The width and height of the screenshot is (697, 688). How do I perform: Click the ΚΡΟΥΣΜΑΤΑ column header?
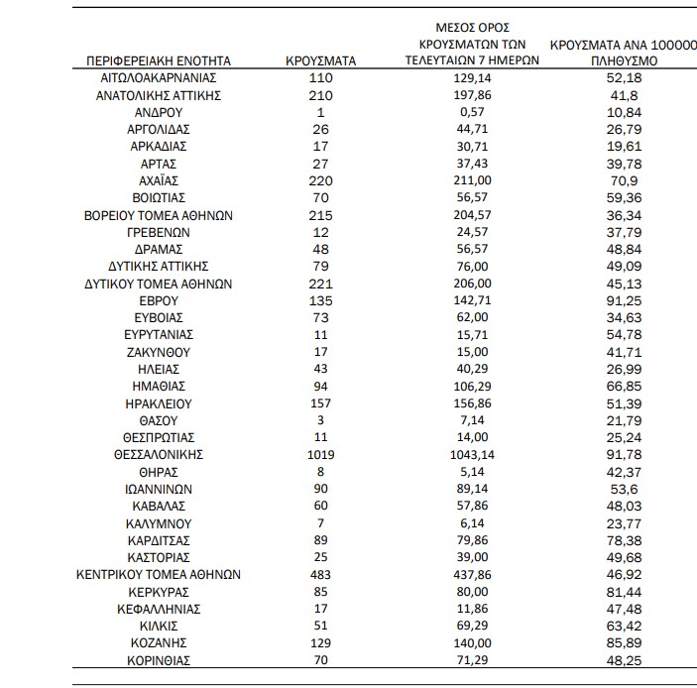point(320,60)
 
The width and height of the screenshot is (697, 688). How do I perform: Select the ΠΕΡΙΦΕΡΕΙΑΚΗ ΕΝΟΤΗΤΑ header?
point(159,60)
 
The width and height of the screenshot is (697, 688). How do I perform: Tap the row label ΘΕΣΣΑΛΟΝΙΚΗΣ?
point(159,454)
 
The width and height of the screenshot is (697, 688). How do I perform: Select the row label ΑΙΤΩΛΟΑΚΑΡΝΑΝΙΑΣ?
point(159,77)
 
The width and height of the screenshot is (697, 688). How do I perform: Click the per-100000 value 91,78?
point(620,454)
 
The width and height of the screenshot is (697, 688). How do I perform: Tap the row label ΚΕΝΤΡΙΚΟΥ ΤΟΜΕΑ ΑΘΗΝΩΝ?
point(159,574)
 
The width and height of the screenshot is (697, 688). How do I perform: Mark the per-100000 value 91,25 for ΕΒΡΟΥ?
point(620,300)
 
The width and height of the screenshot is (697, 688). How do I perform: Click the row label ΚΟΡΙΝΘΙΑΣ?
point(159,660)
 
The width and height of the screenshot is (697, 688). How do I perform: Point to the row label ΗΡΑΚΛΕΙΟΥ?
point(159,403)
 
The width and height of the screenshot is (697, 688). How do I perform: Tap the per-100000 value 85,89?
point(620,643)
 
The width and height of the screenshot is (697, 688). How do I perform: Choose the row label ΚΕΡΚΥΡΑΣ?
point(159,592)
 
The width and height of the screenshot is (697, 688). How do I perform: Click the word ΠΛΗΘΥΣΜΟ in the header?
point(620,60)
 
